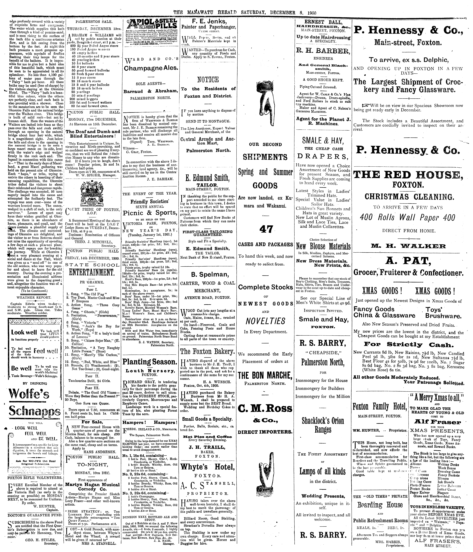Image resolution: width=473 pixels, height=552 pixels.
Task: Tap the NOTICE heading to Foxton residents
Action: point(208,80)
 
